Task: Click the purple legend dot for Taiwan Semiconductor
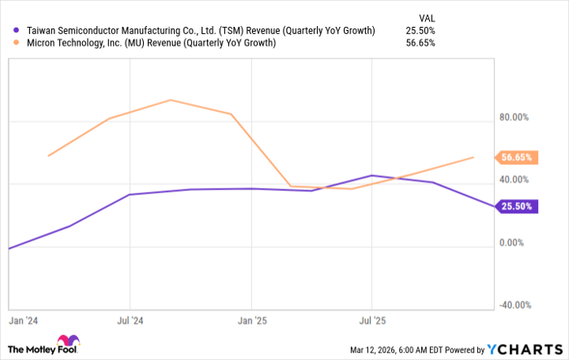[x=17, y=30]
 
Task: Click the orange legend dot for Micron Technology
[x=17, y=43]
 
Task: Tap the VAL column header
[x=425, y=15]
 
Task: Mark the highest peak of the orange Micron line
[x=170, y=100]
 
